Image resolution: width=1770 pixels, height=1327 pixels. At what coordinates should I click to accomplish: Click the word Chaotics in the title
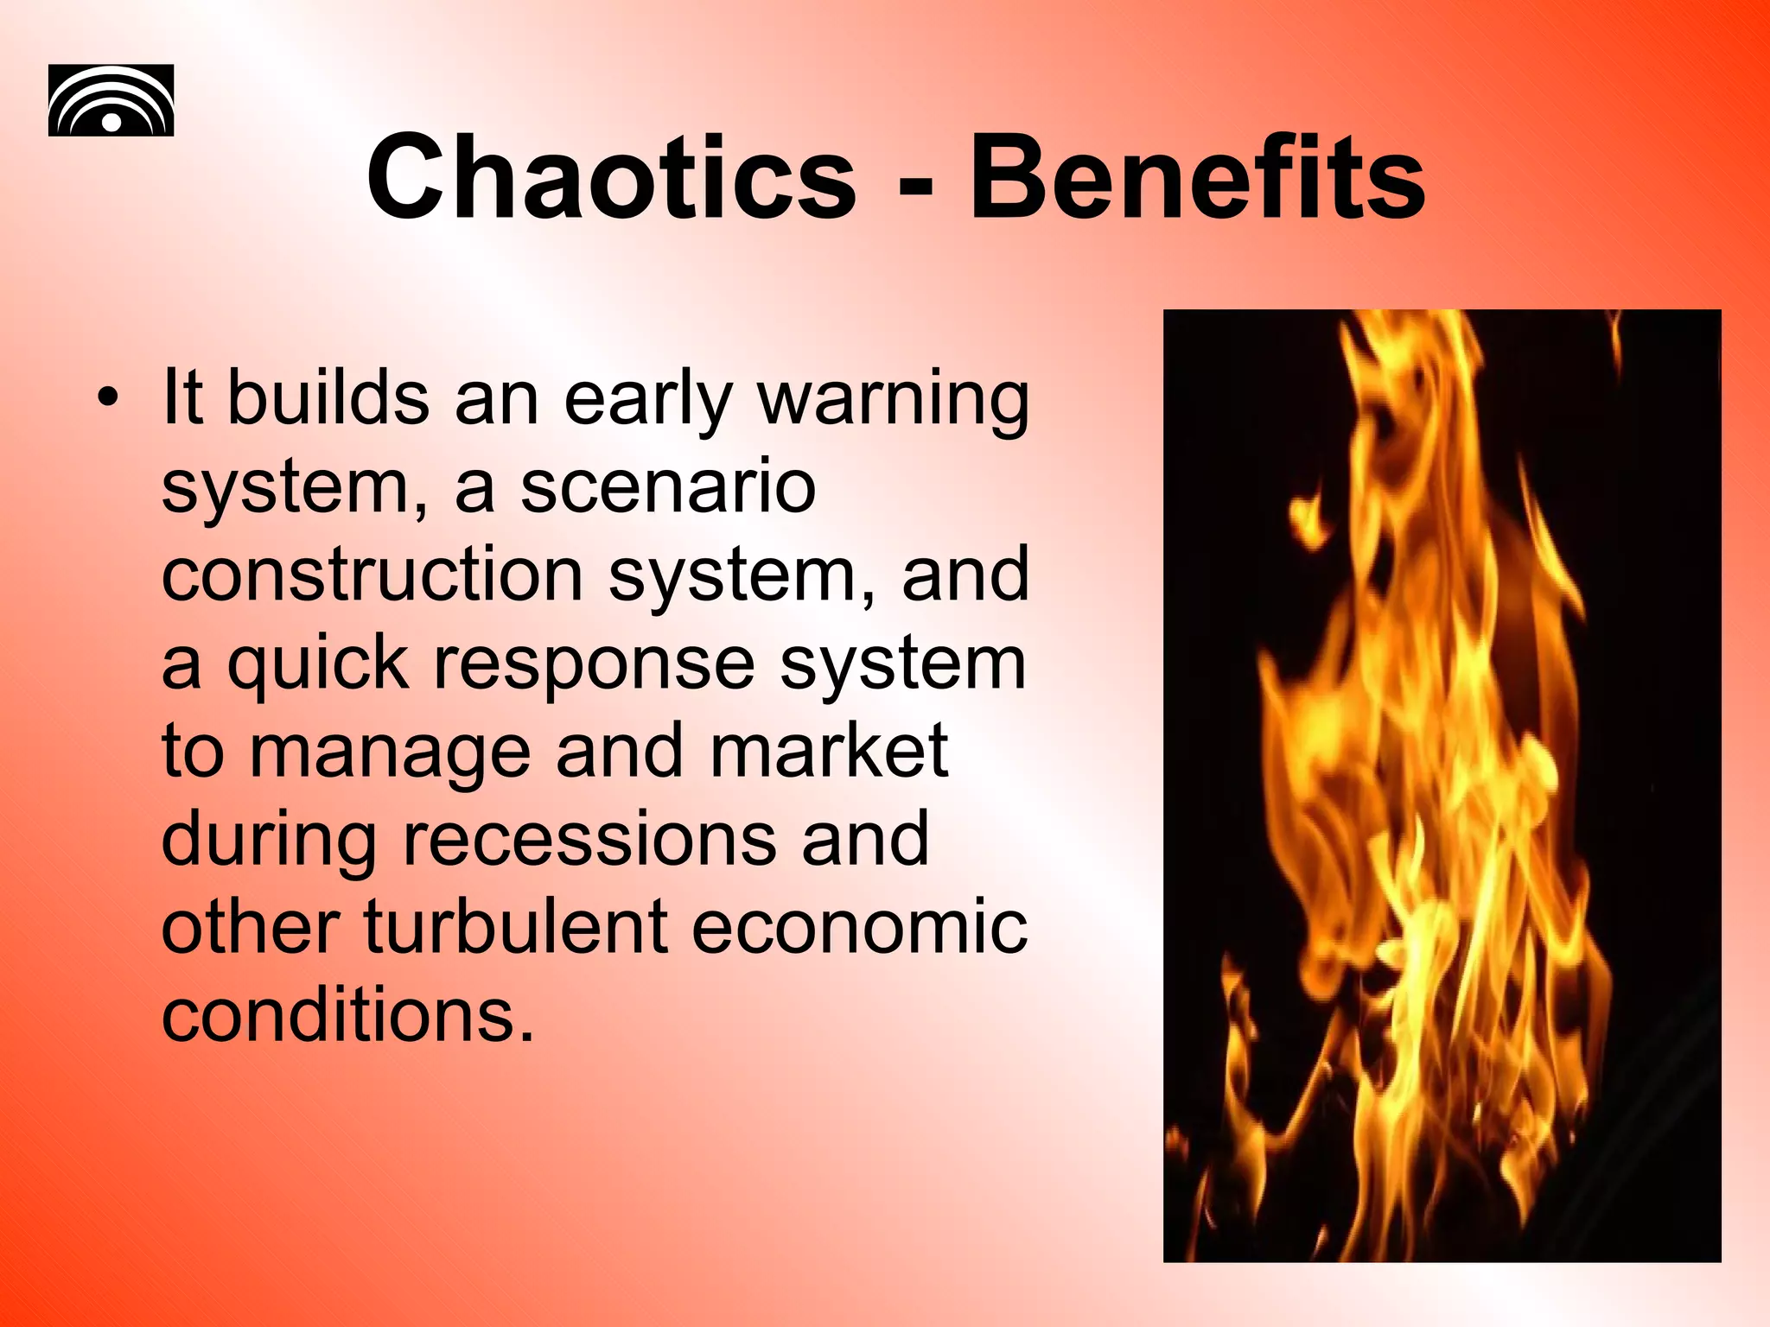(610, 179)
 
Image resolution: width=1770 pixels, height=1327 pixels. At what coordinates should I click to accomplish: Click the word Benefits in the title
(1196, 179)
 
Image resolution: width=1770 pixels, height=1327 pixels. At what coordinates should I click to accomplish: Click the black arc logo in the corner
(111, 100)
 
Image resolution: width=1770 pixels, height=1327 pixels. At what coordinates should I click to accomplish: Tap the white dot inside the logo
(111, 122)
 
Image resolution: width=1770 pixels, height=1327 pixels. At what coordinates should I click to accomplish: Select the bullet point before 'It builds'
(107, 398)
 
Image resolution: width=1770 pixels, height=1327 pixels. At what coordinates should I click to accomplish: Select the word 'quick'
(318, 665)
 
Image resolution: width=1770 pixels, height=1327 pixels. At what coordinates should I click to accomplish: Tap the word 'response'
(594, 665)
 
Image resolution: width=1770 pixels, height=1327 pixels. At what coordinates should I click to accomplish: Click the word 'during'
(269, 841)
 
